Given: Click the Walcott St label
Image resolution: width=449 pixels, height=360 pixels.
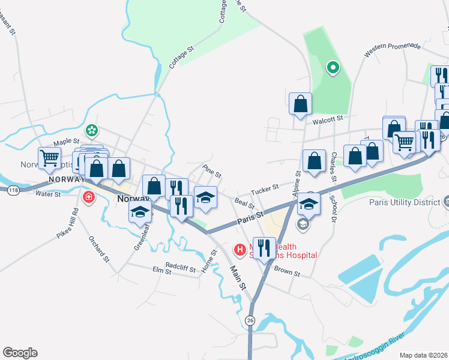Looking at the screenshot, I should click(327, 119).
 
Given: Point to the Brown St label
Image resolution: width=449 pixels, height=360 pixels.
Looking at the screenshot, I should click(287, 272).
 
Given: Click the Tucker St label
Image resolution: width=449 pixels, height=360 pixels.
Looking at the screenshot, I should click(265, 188).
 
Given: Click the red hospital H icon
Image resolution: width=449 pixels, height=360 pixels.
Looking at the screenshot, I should click(240, 248).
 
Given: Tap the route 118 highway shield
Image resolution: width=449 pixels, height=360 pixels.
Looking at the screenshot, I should click(12, 190).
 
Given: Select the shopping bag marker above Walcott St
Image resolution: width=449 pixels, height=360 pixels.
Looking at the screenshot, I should click(300, 104).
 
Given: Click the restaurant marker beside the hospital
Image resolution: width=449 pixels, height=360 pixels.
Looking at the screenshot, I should click(264, 247).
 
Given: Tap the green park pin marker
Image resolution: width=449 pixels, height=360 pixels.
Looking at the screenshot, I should click(332, 67).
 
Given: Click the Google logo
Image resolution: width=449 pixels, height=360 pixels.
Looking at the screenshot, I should click(20, 353).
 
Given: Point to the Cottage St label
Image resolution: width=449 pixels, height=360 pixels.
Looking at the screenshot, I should click(182, 56).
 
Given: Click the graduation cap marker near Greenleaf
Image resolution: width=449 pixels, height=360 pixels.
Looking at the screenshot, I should click(140, 212).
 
